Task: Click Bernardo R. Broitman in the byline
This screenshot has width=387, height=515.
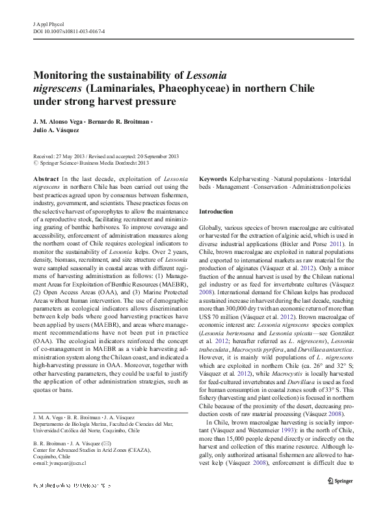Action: tap(121, 122)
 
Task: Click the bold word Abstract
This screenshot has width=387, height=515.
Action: tap(46, 178)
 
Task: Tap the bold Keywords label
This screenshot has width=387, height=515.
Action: tap(213, 178)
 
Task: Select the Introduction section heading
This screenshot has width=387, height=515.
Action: tap(215, 212)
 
